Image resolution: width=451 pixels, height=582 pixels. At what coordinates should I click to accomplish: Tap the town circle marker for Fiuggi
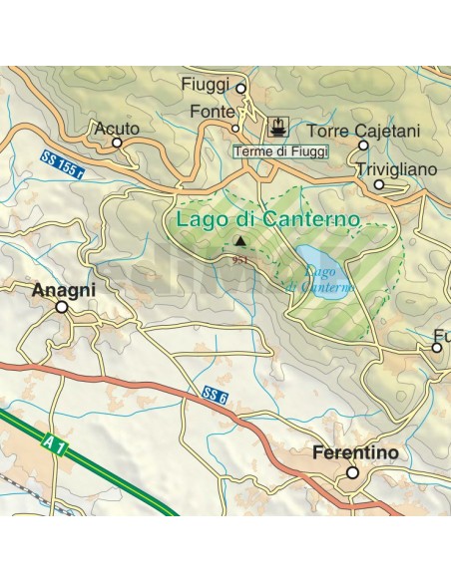[x=240, y=89]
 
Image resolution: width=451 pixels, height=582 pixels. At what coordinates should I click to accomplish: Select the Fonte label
[x=213, y=113]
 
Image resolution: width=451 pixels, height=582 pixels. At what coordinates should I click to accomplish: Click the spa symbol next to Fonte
[x=277, y=128]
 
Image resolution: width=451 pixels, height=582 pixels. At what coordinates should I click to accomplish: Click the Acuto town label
[x=116, y=129]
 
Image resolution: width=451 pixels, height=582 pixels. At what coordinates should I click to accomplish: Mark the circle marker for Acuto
[x=117, y=144]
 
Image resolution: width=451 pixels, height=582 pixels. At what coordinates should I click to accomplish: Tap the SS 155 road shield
[x=64, y=162]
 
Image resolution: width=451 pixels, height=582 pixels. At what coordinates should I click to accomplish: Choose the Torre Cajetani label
[x=364, y=131]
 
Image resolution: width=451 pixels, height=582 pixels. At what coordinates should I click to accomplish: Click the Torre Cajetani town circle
[x=363, y=145]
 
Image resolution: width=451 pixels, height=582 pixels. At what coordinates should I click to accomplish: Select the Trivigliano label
[x=396, y=170]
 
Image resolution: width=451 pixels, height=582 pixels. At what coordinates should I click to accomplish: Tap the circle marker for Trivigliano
[x=379, y=184]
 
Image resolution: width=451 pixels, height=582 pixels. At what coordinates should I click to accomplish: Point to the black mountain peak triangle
[x=239, y=241]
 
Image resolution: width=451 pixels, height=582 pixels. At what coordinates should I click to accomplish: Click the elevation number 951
[x=239, y=258]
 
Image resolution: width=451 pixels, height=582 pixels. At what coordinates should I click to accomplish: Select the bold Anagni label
[x=64, y=290]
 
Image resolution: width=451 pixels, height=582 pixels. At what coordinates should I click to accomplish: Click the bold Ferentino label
[x=355, y=453]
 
